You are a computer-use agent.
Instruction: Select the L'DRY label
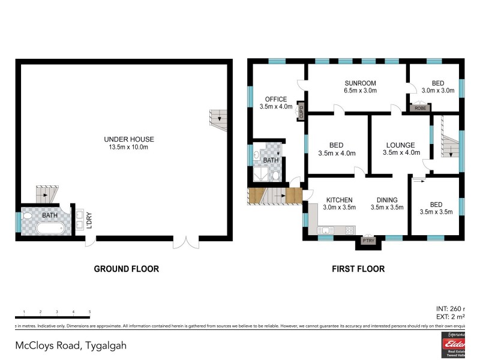[x=89, y=221]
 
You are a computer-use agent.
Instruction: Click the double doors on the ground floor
[x=185, y=242]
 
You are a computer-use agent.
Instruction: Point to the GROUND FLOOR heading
[x=126, y=269]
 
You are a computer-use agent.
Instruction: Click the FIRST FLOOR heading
[x=358, y=269]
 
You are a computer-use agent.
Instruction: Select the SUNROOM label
[x=360, y=83]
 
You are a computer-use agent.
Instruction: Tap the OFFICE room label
[x=276, y=99]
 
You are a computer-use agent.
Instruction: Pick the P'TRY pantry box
[x=367, y=241]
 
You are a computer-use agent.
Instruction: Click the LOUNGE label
[x=400, y=145]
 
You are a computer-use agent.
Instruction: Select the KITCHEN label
[x=339, y=200]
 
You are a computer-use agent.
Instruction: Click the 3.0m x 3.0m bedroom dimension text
[x=438, y=91]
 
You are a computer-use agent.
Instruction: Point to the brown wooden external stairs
[x=275, y=196]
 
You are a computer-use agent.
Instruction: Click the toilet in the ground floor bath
[x=28, y=215]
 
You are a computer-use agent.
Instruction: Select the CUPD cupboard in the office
[x=301, y=112]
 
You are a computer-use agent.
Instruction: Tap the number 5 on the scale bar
[x=89, y=312]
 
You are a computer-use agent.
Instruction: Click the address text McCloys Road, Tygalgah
[x=71, y=346]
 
